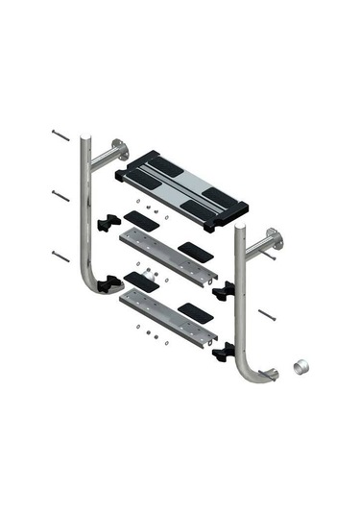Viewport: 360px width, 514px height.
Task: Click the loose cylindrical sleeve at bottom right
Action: coord(300,367)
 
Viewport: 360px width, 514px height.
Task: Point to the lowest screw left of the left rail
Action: coord(61,257)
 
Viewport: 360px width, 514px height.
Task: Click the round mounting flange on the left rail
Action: coord(118,150)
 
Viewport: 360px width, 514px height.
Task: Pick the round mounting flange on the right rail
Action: coord(276,239)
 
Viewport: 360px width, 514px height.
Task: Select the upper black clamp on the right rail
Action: coord(225,290)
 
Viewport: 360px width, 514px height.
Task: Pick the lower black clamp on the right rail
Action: coord(225,352)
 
